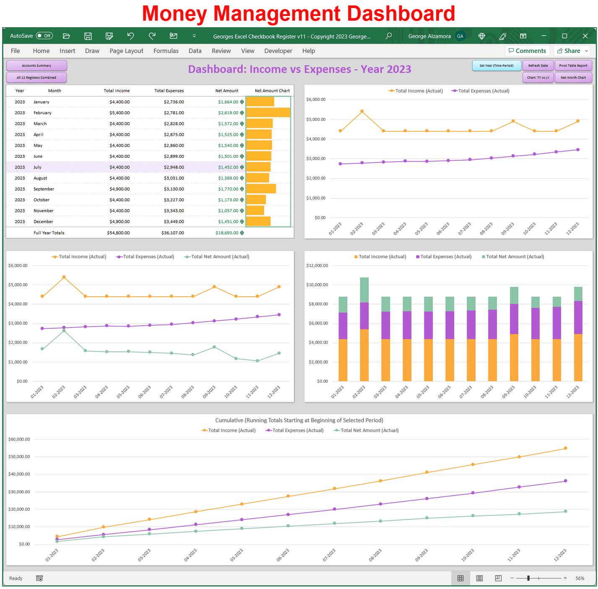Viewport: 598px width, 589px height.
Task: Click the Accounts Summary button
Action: point(36,65)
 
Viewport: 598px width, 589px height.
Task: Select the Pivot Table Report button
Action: point(573,65)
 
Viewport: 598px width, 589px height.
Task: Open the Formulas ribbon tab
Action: point(166,51)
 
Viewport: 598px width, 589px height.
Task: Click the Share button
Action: point(572,51)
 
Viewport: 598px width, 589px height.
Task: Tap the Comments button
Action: point(527,51)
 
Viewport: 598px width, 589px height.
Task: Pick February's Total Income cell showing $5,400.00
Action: point(119,113)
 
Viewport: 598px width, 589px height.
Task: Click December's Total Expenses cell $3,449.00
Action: point(174,222)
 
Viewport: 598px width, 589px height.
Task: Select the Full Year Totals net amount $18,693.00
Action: point(226,233)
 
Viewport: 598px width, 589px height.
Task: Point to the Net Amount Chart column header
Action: point(272,91)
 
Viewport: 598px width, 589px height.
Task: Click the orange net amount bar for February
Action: point(268,113)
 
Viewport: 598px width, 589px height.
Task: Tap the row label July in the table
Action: point(37,167)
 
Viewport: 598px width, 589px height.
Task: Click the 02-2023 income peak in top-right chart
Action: point(362,111)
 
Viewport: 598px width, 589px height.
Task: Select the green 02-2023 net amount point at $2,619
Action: point(64,331)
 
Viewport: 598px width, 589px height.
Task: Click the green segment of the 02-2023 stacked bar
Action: point(364,290)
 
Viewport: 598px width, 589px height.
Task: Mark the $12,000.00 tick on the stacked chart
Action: point(317,265)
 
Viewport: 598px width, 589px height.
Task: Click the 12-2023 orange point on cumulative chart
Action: point(565,448)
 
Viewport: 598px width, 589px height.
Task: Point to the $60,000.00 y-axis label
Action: point(19,439)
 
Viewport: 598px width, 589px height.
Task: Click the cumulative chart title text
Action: point(299,420)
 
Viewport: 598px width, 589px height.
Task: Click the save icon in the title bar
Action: point(88,36)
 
